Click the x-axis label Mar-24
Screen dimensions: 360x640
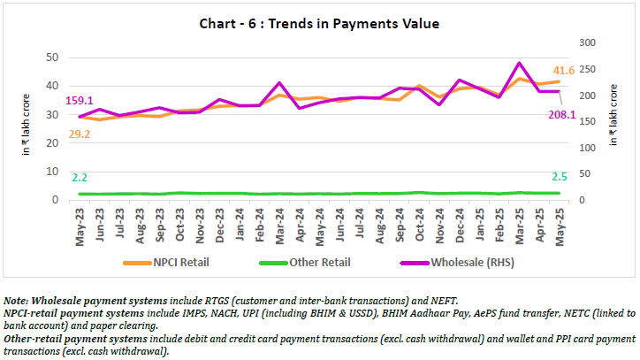pyautogui.click(x=279, y=226)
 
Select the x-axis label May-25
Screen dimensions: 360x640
pyautogui.click(x=558, y=226)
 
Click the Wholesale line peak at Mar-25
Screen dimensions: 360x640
pyautogui.click(x=518, y=64)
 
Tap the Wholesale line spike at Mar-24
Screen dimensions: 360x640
pyautogui.click(x=279, y=83)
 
